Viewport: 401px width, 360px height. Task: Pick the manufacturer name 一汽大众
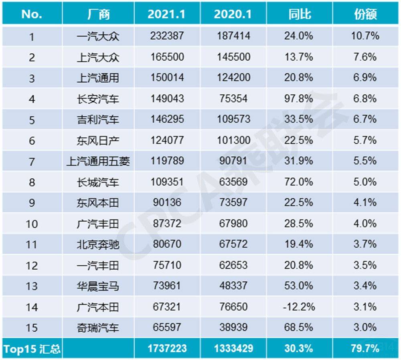[x=98, y=36]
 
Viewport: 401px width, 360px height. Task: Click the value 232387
[x=167, y=36]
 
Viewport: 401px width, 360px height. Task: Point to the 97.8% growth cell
[x=300, y=98]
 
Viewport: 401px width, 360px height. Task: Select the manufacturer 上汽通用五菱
[x=98, y=161]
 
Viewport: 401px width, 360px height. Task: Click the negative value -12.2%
[x=300, y=307]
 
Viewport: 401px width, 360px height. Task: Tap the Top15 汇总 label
[x=32, y=348]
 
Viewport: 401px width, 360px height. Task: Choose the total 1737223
[x=167, y=348]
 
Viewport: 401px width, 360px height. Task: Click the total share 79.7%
[x=366, y=348]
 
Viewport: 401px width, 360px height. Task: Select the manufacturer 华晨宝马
[x=98, y=286]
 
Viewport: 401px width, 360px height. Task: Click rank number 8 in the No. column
[x=32, y=182]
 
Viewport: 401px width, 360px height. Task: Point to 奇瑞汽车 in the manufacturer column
[x=98, y=328]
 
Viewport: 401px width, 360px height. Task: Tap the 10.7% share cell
[x=366, y=36]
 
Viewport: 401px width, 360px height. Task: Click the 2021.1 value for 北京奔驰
[x=167, y=244]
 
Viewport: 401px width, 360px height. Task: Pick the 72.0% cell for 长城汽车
[x=300, y=182]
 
